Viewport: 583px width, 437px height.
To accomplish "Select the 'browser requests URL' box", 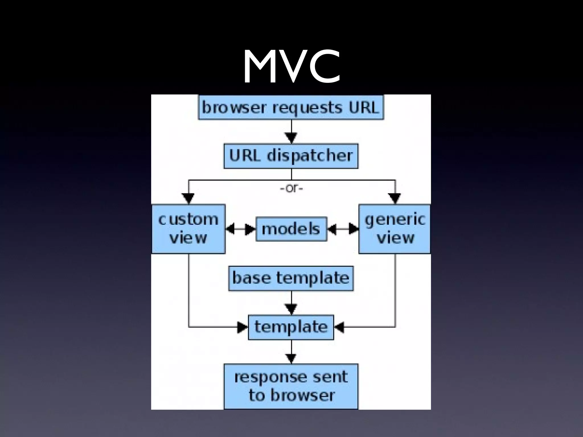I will tap(291, 107).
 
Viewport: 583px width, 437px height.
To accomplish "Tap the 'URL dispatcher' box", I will tap(291, 156).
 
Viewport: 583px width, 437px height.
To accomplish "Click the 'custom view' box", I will tap(188, 229).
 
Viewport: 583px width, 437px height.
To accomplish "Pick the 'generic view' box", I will tap(395, 229).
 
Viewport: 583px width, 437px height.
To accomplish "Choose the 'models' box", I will tap(291, 229).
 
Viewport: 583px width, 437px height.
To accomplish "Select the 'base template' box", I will tap(291, 278).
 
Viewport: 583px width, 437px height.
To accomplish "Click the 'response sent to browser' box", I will tap(291, 386).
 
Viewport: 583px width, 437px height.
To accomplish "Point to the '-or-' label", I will tap(291, 189).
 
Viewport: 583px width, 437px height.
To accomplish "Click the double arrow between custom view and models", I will tap(241, 229).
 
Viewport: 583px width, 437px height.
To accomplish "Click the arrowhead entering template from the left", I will tap(243, 327).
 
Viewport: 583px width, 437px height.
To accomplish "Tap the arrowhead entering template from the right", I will tap(339, 327).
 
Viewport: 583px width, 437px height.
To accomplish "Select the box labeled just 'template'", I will tap(291, 327).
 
